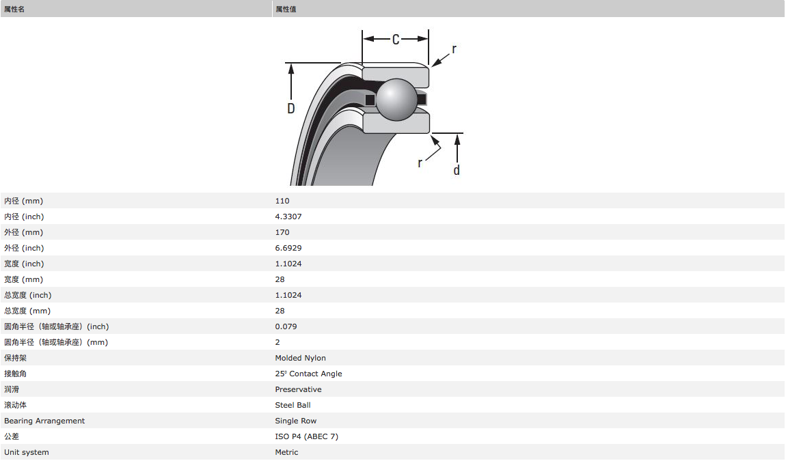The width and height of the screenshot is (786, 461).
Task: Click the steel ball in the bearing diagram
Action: coord(396,100)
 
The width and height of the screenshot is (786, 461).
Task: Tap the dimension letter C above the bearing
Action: coord(396,40)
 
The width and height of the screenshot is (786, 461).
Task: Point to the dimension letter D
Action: coord(291,108)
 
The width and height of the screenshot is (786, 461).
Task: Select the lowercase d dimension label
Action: coord(457,170)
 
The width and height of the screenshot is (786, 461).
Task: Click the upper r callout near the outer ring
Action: coord(454,49)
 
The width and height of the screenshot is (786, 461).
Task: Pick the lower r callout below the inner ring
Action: coord(420,163)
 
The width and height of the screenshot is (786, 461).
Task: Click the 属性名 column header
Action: coord(14,9)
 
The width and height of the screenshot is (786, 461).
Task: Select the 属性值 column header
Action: coord(286,9)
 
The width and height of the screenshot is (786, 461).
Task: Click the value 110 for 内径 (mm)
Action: coord(282,201)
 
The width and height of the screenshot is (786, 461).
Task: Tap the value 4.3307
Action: coord(288,216)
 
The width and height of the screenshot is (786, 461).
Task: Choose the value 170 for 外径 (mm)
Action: coord(282,232)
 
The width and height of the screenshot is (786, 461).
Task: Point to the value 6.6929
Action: coord(288,248)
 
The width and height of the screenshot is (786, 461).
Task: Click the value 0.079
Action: coord(286,326)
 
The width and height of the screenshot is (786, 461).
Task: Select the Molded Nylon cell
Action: coord(301,358)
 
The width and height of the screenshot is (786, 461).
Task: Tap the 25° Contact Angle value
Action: coord(309,374)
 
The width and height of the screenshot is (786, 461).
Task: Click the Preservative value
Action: coord(299,389)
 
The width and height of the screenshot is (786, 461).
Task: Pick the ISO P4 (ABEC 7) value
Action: coord(307,436)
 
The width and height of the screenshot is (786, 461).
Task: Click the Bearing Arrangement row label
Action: coord(44,421)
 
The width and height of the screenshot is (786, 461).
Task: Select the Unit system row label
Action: coord(27,452)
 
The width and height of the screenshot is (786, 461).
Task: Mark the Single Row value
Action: coord(296,421)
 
